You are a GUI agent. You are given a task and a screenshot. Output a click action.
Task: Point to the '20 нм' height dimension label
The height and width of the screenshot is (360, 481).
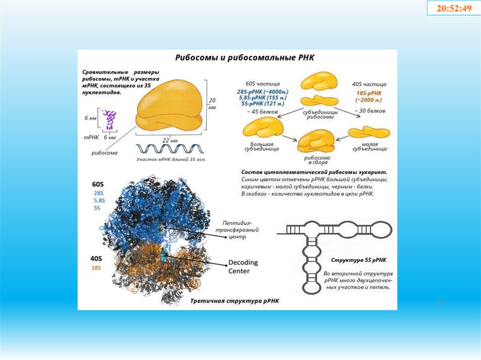click(212, 104)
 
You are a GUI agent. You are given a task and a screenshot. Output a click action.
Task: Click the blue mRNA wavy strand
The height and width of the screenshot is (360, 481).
click(170, 149)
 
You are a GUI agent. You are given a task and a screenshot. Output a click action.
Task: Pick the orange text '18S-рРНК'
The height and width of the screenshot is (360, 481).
click(369, 93)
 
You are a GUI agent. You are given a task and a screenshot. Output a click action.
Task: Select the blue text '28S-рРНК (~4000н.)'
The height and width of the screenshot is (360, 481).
click(263, 91)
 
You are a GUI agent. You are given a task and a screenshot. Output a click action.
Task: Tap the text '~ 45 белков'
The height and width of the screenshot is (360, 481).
click(262, 112)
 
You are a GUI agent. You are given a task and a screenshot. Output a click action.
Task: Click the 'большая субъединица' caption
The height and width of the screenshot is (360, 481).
click(262, 146)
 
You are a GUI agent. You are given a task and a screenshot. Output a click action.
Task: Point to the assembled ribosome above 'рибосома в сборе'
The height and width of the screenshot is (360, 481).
click(316, 141)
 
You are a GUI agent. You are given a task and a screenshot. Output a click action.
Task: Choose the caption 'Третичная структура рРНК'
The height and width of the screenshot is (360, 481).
click(235, 301)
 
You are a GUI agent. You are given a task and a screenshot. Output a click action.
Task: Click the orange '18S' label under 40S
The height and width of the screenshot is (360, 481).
click(95, 268)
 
